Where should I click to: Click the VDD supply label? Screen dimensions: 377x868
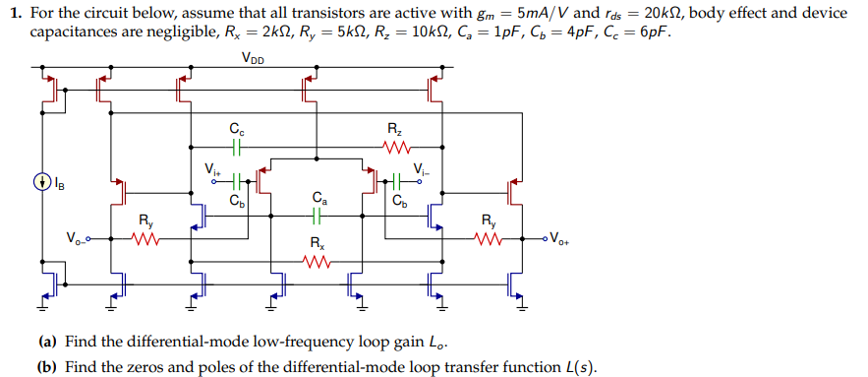coord(253,56)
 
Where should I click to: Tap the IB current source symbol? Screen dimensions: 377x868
coord(40,181)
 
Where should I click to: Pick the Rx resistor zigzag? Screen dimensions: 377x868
coord(315,261)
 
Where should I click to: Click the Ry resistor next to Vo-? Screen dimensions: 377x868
coord(145,239)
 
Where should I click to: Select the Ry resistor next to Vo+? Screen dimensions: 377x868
coord(489,239)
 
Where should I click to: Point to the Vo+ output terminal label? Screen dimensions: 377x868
coord(557,237)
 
